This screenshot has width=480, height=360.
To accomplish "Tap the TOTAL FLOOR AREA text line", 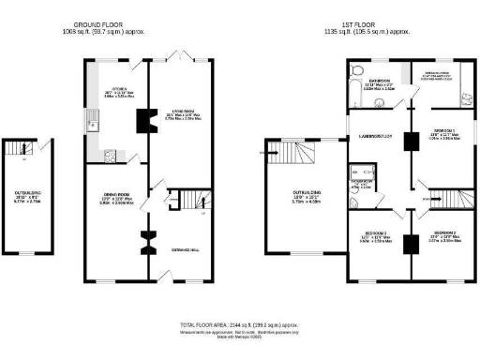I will pos(240,324).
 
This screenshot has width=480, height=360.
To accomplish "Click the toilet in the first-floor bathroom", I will pos(357,71).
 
